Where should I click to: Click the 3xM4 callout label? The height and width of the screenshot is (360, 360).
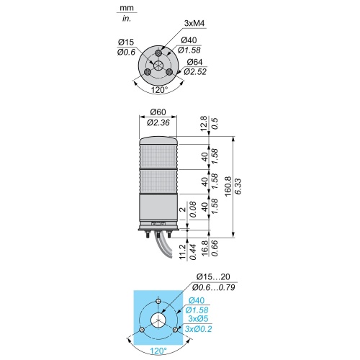[x=194, y=24]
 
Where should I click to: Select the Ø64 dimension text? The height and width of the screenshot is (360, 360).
[x=194, y=62]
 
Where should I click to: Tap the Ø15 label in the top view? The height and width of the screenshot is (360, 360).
[x=126, y=42]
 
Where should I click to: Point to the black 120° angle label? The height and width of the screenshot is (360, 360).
[x=159, y=90]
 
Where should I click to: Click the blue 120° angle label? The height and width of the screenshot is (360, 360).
[x=158, y=351]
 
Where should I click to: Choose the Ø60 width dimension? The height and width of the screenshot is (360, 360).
[x=158, y=112]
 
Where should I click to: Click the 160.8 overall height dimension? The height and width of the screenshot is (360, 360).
[x=228, y=186]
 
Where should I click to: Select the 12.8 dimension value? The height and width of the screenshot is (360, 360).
[x=204, y=124]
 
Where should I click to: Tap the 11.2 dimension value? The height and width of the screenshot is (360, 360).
[x=183, y=252]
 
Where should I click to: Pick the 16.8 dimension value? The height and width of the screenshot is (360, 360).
[x=205, y=249]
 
